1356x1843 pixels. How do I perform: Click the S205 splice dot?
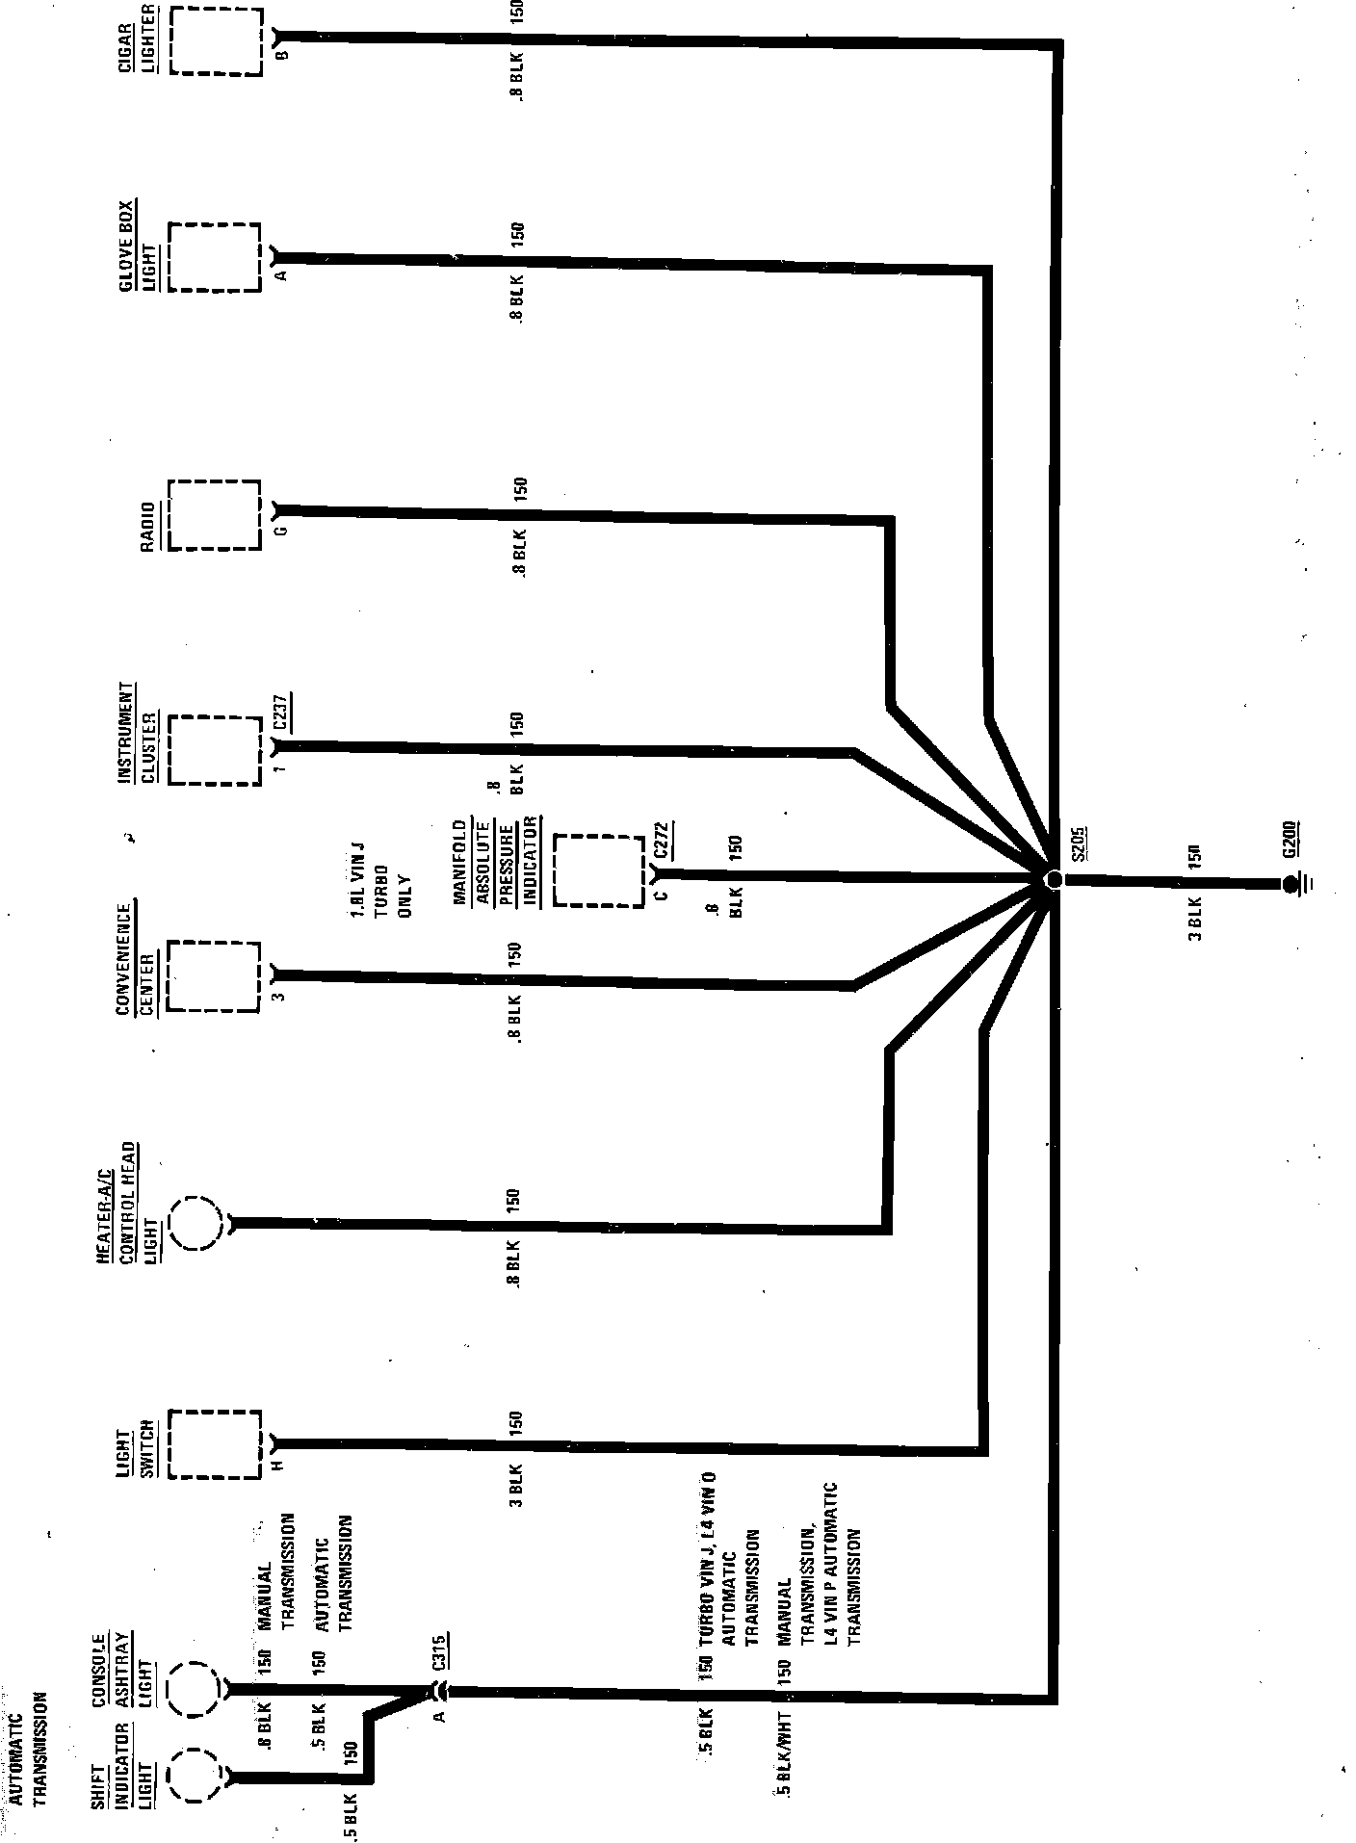click(1053, 880)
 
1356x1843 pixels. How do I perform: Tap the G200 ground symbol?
click(1291, 883)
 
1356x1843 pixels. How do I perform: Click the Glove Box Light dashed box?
click(215, 257)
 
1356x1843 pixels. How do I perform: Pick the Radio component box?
click(215, 514)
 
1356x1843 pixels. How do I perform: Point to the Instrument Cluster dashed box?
click(215, 750)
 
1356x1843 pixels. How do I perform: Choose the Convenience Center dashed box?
click(215, 976)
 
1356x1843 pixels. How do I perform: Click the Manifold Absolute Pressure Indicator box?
click(599, 871)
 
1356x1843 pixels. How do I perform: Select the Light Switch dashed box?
click(215, 1444)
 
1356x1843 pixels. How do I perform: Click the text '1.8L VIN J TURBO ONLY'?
click(380, 882)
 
